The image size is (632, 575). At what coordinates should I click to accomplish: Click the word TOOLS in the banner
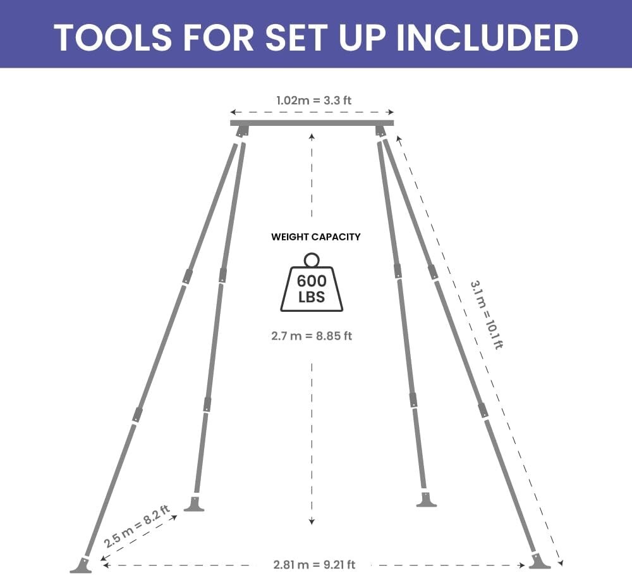113,37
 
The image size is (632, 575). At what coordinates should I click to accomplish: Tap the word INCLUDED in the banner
487,37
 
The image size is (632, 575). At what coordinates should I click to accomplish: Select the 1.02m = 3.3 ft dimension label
313,101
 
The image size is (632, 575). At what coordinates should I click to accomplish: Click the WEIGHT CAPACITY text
315,237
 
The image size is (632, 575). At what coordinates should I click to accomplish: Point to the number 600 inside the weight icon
312,281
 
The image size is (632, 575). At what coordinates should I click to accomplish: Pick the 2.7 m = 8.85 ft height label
312,336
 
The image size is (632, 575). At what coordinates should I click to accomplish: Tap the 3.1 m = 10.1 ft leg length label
487,315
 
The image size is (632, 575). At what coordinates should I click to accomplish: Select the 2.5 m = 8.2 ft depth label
137,526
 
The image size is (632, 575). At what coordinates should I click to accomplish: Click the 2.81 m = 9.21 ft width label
314,564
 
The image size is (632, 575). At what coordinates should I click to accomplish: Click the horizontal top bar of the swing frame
312,123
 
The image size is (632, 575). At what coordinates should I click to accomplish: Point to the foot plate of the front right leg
539,562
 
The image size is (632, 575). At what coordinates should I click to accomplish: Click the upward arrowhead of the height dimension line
312,137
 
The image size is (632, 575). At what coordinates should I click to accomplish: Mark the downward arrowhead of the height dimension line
312,521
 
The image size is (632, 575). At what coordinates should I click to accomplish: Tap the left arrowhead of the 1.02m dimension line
233,112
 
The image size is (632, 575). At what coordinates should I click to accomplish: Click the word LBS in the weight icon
312,297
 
